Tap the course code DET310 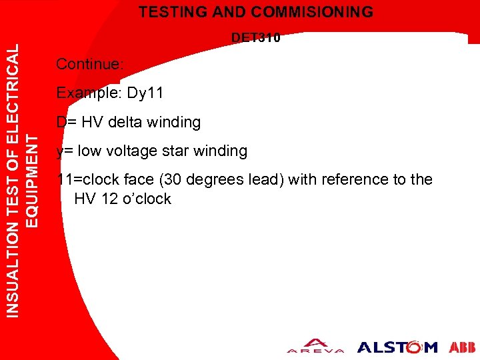pyautogui.click(x=256, y=38)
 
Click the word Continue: pyautogui.click(x=89, y=65)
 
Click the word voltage pyautogui.click(x=135, y=151)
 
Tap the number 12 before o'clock pyautogui.click(x=105, y=199)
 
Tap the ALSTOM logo pyautogui.click(x=397, y=347)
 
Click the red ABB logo pyautogui.click(x=463, y=347)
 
